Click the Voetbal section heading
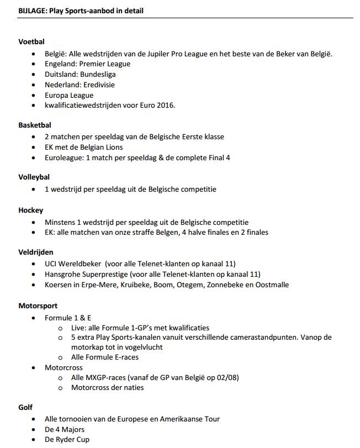coord(31,41)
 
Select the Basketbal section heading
coord(35,125)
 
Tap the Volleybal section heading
coord(34,177)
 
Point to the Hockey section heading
coord(30,210)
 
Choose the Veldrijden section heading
coord(36,252)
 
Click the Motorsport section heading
coord(38,305)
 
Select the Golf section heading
coord(25,407)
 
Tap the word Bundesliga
coord(98,75)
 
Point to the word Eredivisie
coord(99,85)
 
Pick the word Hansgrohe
coord(63,275)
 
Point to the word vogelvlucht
coord(142,347)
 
